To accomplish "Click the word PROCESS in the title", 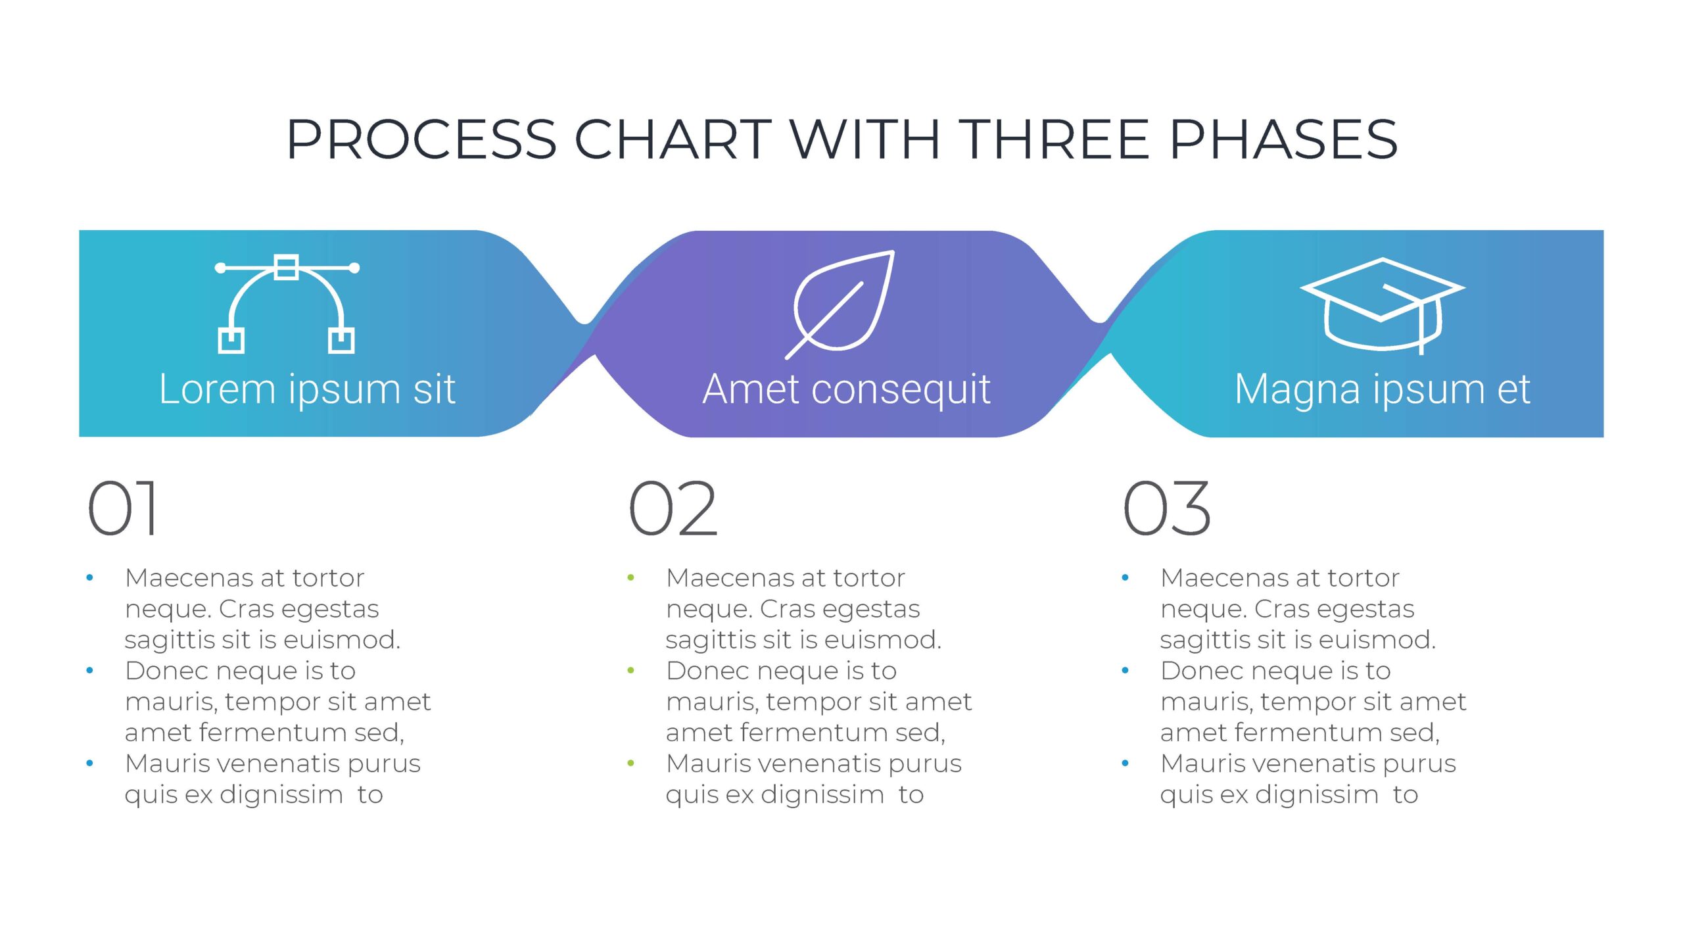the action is pyautogui.click(x=422, y=139).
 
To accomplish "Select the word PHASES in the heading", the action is pyautogui.click(x=1284, y=139).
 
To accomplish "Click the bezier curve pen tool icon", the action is pyautogui.click(x=287, y=304).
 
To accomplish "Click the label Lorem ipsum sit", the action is pyautogui.click(x=307, y=389).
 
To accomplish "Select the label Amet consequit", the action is pyautogui.click(x=847, y=389).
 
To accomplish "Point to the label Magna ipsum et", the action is pyautogui.click(x=1383, y=389).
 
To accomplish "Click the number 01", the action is pyautogui.click(x=123, y=508).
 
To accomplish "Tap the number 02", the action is pyautogui.click(x=673, y=508).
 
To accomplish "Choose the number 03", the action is pyautogui.click(x=1166, y=508).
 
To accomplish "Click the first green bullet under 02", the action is pyautogui.click(x=631, y=578).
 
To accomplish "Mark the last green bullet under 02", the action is pyautogui.click(x=631, y=764).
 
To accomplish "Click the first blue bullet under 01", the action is pyautogui.click(x=90, y=578).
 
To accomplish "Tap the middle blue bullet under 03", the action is pyautogui.click(x=1126, y=671).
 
